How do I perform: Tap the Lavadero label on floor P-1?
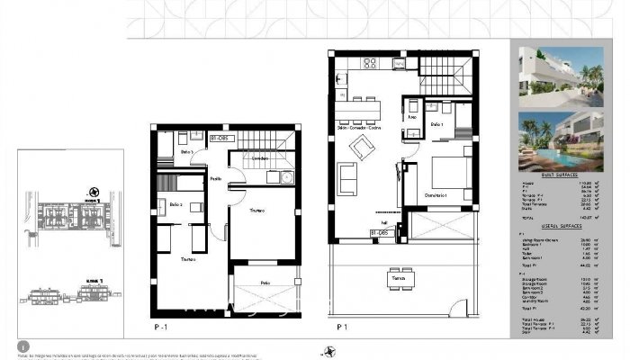coord(259,158)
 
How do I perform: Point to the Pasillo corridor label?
coord(216,179)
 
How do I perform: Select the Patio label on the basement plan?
coord(265,283)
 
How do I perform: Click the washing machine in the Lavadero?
coord(285,176)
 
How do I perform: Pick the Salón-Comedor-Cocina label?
coord(359,129)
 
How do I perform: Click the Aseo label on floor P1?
coord(412,117)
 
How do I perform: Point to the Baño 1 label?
coord(436,124)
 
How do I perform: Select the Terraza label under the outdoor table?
coord(398,280)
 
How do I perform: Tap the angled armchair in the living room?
coord(363,148)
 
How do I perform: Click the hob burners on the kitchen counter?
coord(369,63)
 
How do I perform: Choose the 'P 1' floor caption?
coord(341,327)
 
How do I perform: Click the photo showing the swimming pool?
coord(561,141)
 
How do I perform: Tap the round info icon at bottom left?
coord(21,346)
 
